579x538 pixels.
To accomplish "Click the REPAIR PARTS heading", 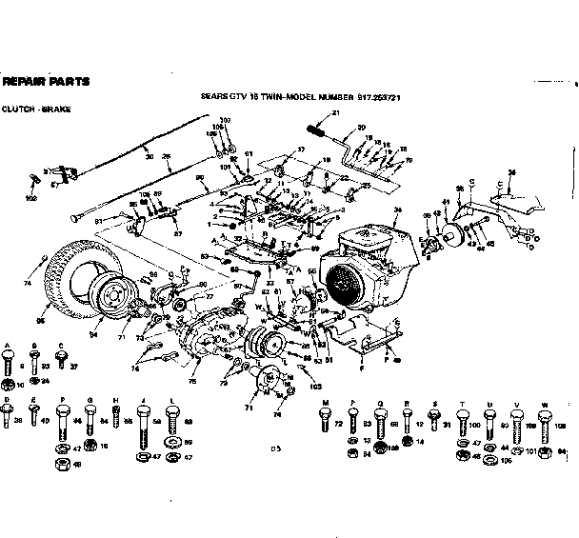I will (x=47, y=81).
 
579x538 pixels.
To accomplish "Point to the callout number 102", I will (x=32, y=198).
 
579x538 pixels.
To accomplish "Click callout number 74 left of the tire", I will (x=27, y=284).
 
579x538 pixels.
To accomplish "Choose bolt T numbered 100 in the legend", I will (x=464, y=421).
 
